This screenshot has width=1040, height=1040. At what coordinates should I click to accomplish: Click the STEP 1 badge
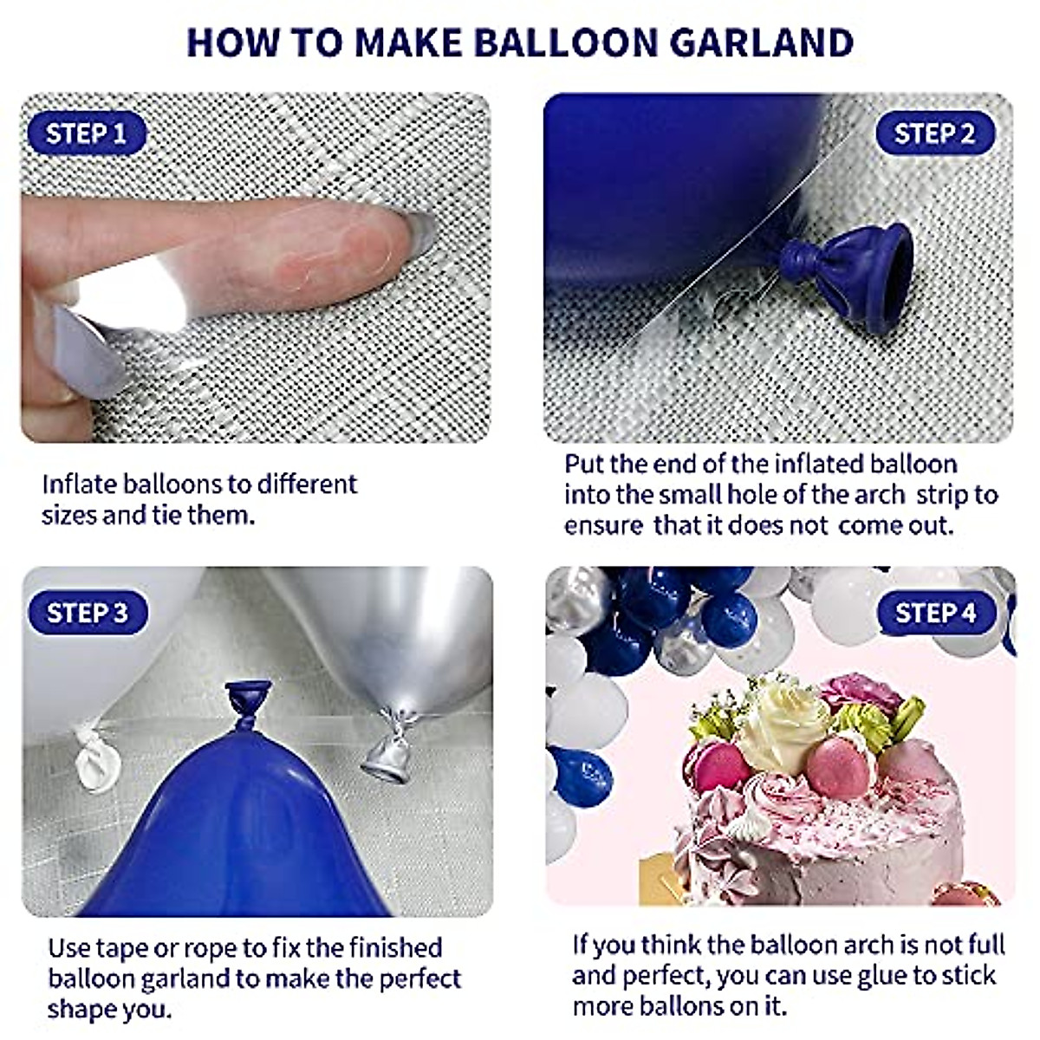pos(86,133)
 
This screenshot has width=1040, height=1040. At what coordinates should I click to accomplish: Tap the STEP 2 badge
pos(934,133)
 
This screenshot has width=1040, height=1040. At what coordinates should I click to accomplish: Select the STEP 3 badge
pos(87,613)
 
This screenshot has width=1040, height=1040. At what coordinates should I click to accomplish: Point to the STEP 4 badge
pos(935,613)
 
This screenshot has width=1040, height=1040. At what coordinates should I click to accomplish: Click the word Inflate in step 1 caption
pos(79,484)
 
